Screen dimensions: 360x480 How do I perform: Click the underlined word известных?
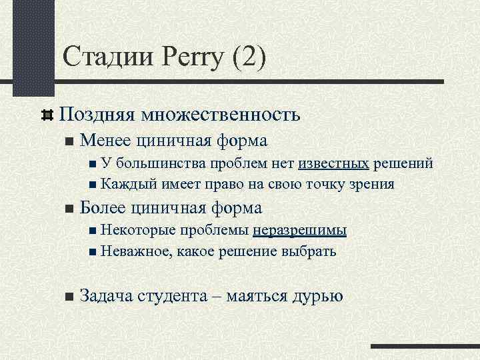click(x=334, y=163)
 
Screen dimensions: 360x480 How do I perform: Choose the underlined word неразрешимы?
click(x=299, y=230)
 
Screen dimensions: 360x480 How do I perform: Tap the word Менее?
click(x=106, y=141)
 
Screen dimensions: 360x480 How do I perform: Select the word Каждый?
click(x=124, y=184)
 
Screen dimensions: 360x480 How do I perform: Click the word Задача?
click(x=107, y=295)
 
